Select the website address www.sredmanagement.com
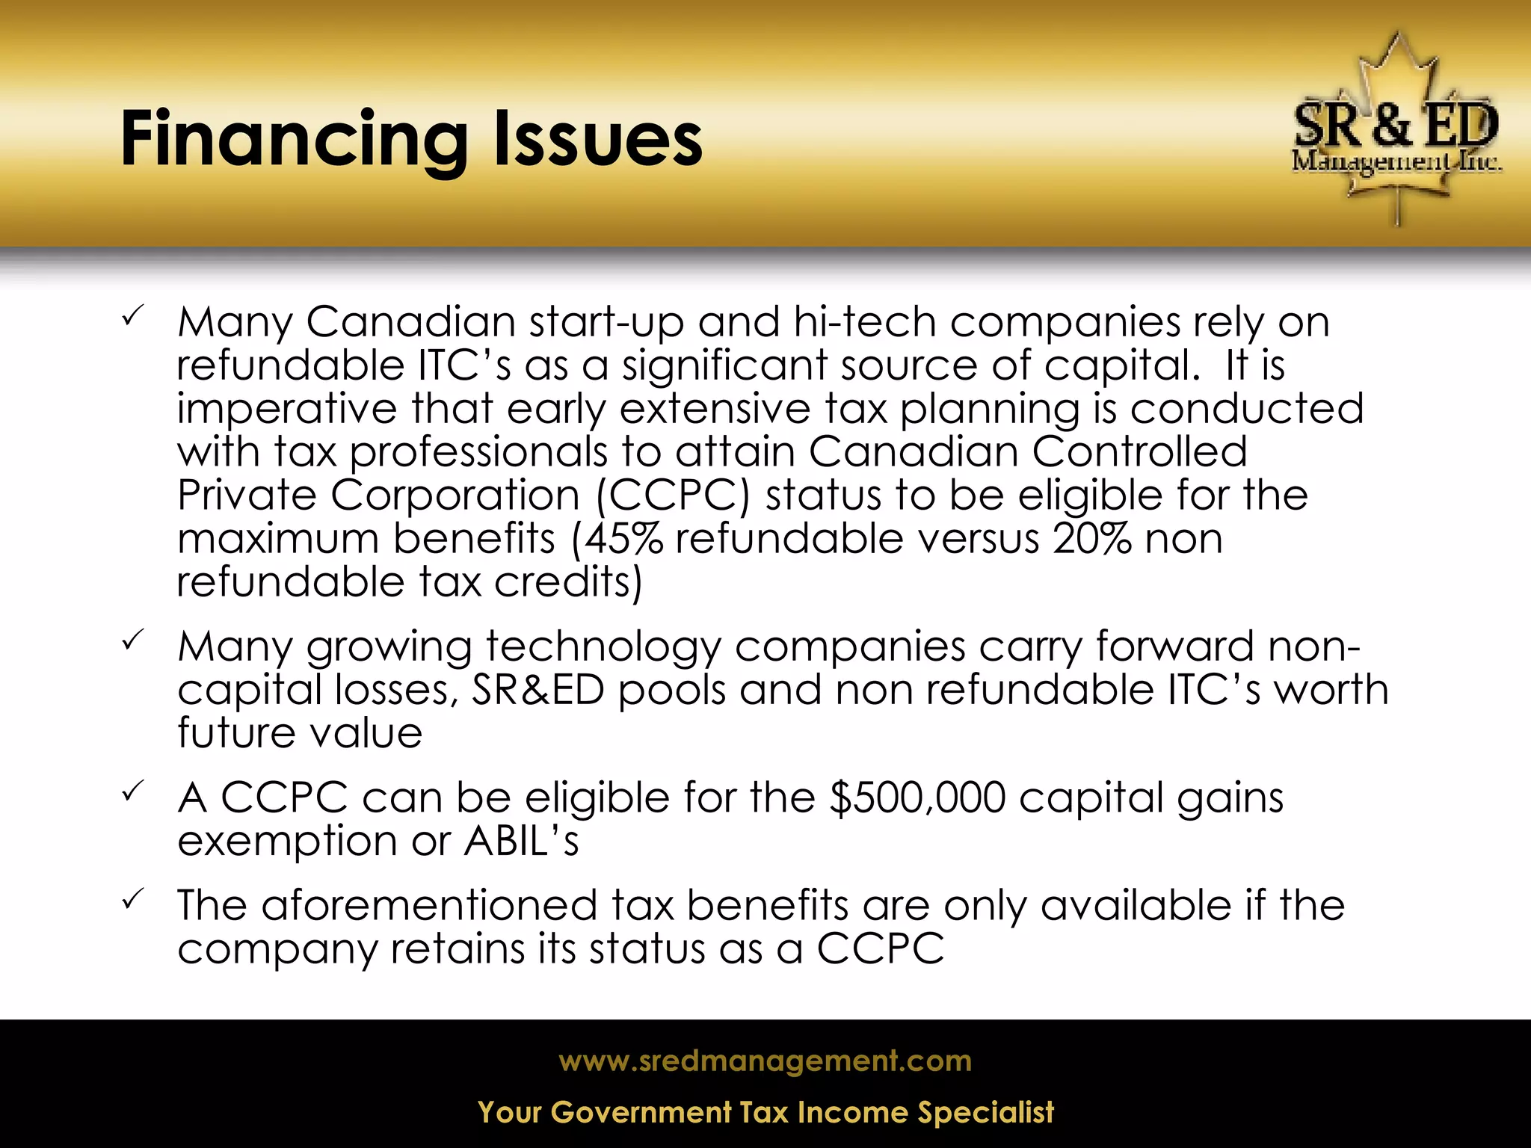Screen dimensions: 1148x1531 click(x=765, y=1061)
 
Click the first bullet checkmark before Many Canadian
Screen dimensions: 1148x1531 click(x=134, y=318)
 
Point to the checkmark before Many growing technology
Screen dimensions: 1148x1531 click(x=134, y=641)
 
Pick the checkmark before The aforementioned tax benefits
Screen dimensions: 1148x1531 click(x=134, y=900)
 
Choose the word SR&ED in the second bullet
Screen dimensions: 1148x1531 click(x=537, y=690)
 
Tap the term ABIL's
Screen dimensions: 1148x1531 click(x=521, y=841)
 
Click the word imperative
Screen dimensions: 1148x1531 click(x=286, y=410)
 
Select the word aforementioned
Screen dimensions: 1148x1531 click(x=429, y=906)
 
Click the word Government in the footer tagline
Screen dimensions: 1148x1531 click(x=641, y=1113)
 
